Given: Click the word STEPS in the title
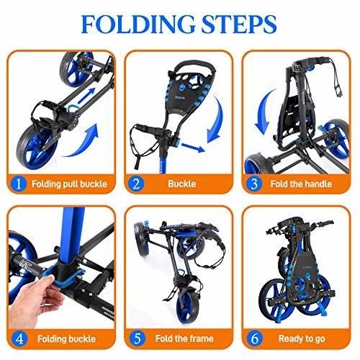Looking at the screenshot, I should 237,24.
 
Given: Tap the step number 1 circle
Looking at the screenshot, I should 18,183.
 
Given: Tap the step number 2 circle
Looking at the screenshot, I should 136,183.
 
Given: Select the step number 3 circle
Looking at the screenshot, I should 254,183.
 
